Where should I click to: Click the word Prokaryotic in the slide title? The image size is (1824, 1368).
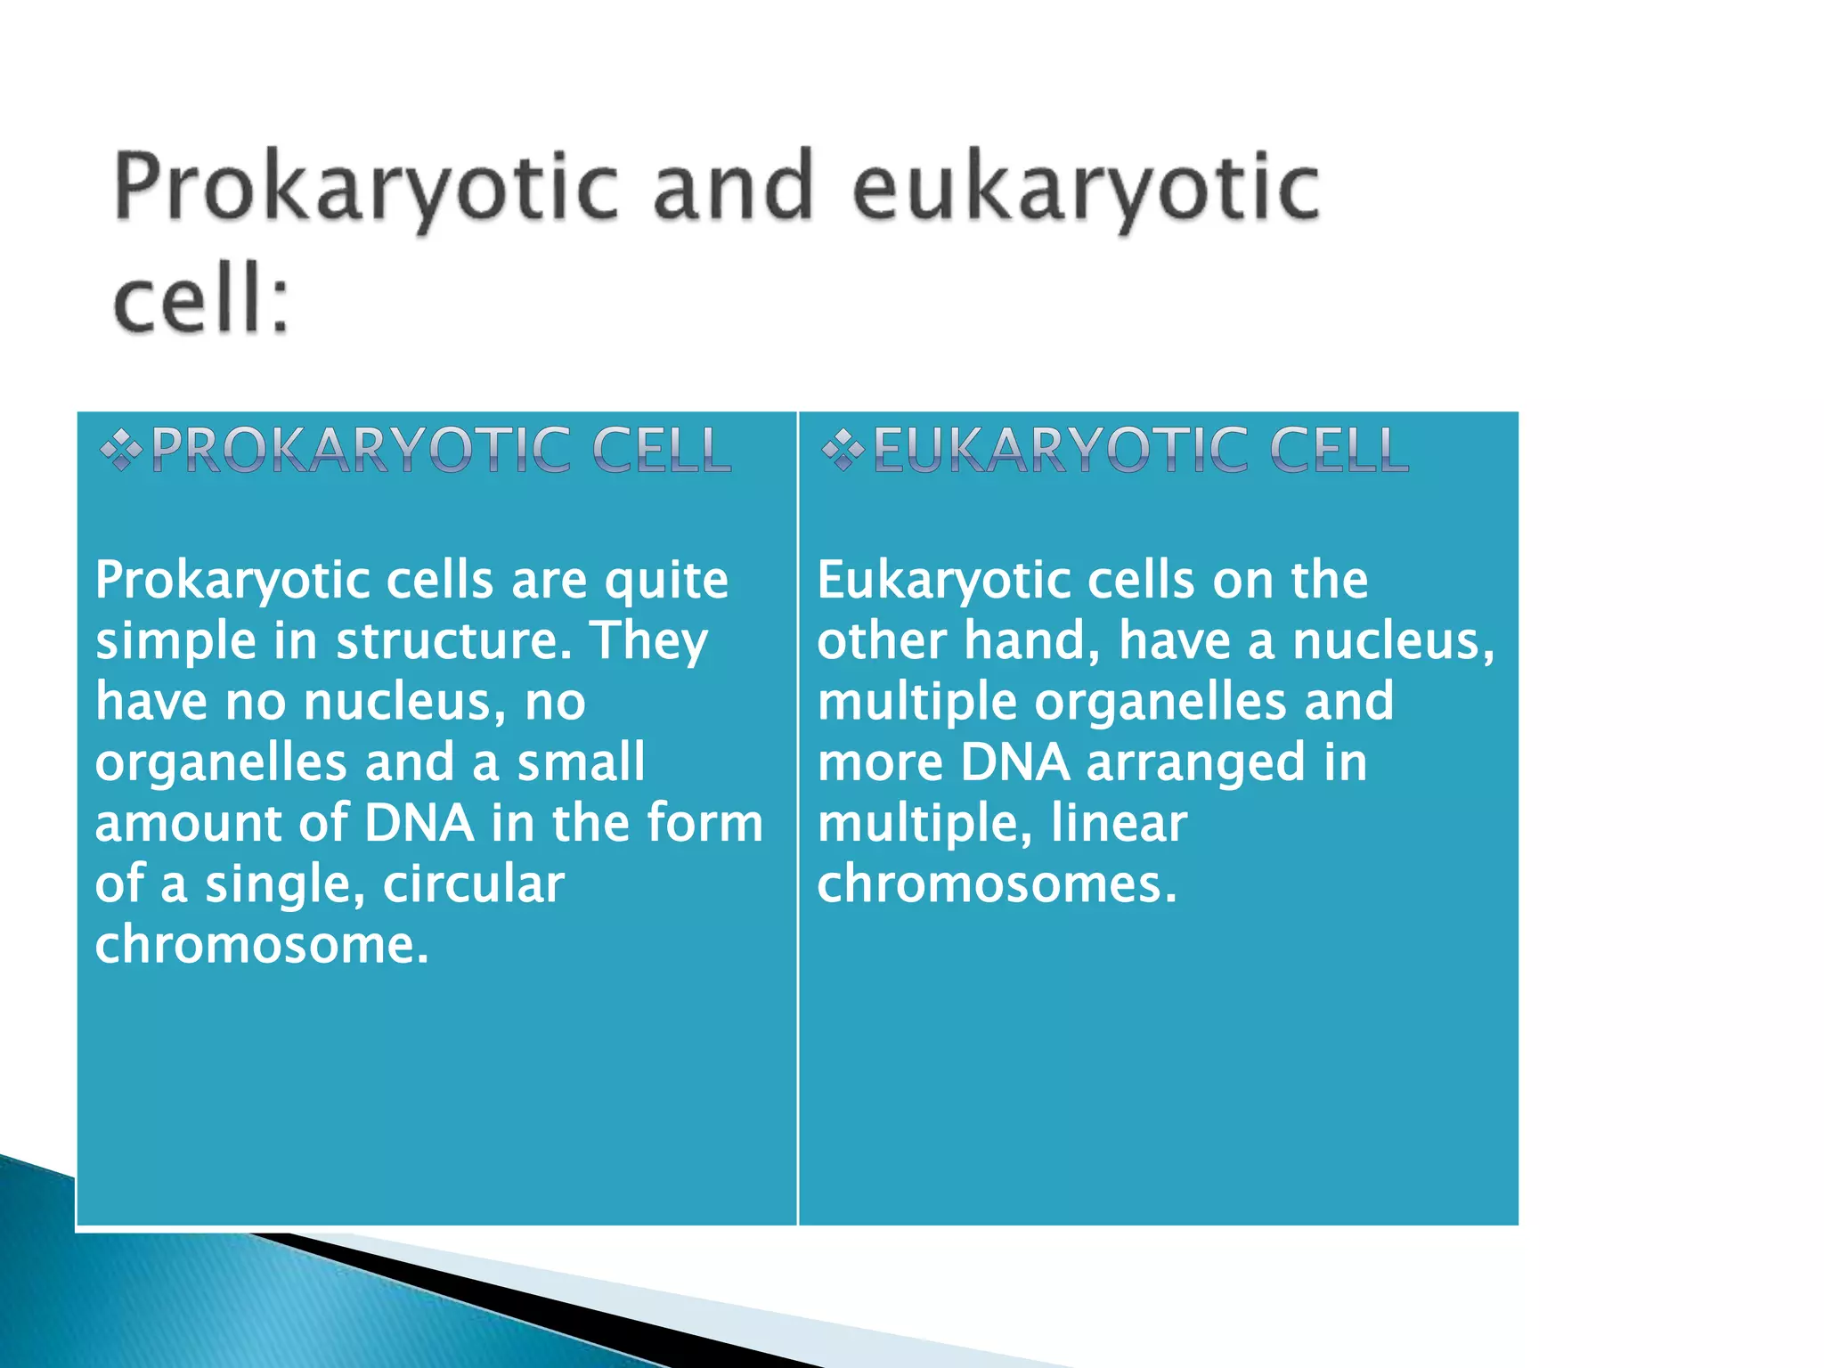coord(365,189)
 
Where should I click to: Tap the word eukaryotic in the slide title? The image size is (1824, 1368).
coord(1085,189)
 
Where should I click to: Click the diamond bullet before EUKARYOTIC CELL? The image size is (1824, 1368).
coord(842,451)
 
